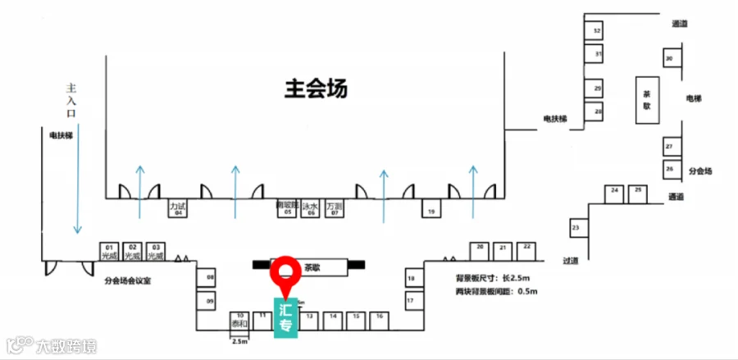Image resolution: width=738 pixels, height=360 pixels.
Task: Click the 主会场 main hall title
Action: point(316,89)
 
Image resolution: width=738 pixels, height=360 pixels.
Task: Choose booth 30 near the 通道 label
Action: point(670,58)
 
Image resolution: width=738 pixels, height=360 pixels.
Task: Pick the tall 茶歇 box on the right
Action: point(646,99)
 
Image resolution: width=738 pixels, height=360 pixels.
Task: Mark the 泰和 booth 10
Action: point(239,320)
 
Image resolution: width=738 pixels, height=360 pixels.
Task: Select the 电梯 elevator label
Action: point(693,98)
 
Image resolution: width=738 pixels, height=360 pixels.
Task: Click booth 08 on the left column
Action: point(210,279)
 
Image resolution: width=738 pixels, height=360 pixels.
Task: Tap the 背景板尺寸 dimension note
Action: point(490,278)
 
